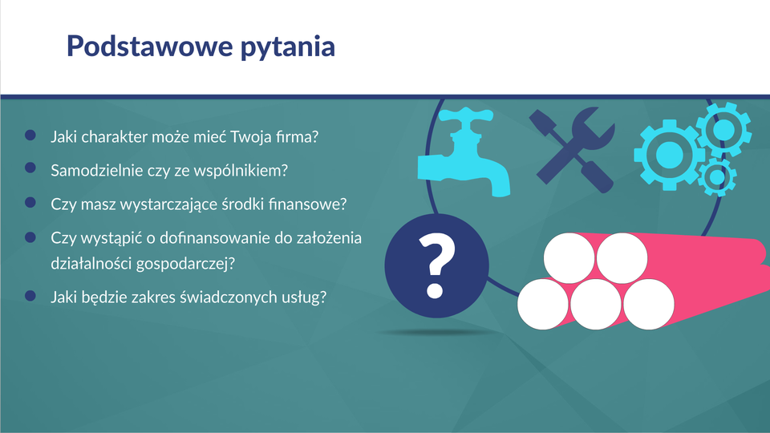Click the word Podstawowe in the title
(150, 46)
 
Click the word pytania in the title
(288, 47)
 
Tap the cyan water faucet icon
(464, 152)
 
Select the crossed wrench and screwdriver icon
(572, 150)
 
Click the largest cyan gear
(669, 155)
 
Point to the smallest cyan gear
(717, 177)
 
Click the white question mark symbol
(436, 265)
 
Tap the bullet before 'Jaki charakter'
(30, 135)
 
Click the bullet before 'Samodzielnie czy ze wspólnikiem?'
(30, 168)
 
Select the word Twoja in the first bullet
(250, 137)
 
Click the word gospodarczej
(185, 264)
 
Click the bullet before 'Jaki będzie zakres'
(30, 296)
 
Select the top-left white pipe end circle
(569, 258)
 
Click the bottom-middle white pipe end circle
(596, 305)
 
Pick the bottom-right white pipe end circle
(649, 305)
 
